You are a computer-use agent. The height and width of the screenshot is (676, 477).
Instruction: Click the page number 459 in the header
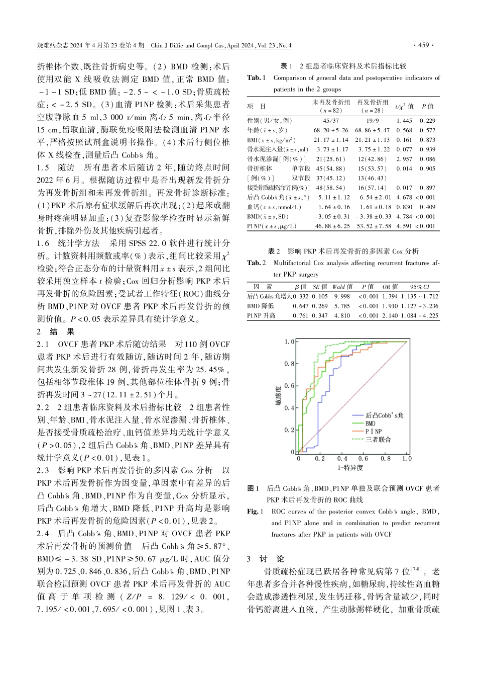(x=423, y=45)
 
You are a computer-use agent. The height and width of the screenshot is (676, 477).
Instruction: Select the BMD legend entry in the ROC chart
(x=370, y=424)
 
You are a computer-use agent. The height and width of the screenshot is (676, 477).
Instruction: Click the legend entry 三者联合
(x=378, y=440)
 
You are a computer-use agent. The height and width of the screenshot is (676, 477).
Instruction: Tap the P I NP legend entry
(x=373, y=432)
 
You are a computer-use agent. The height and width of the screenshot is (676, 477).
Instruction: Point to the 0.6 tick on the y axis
(x=289, y=386)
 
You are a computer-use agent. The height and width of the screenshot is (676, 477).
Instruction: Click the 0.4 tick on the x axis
(x=342, y=459)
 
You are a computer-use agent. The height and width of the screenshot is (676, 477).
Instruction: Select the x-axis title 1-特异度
(x=350, y=468)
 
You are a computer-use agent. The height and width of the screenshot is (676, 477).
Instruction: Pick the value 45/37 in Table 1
(x=331, y=121)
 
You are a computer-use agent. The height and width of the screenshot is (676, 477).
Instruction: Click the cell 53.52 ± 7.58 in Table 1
(x=373, y=226)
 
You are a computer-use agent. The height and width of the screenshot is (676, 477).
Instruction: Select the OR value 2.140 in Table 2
(x=390, y=316)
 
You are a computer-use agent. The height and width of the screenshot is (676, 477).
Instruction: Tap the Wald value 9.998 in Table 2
(x=342, y=297)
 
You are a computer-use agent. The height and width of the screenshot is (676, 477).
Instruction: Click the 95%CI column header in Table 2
(x=419, y=287)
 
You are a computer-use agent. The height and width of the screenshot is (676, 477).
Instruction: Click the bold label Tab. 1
(x=256, y=78)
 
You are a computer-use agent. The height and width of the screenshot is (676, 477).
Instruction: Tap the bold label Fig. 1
(x=255, y=512)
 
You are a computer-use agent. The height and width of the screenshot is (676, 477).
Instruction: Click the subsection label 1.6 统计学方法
(x=68, y=243)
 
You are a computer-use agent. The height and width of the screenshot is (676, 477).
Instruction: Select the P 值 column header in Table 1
(x=427, y=107)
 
